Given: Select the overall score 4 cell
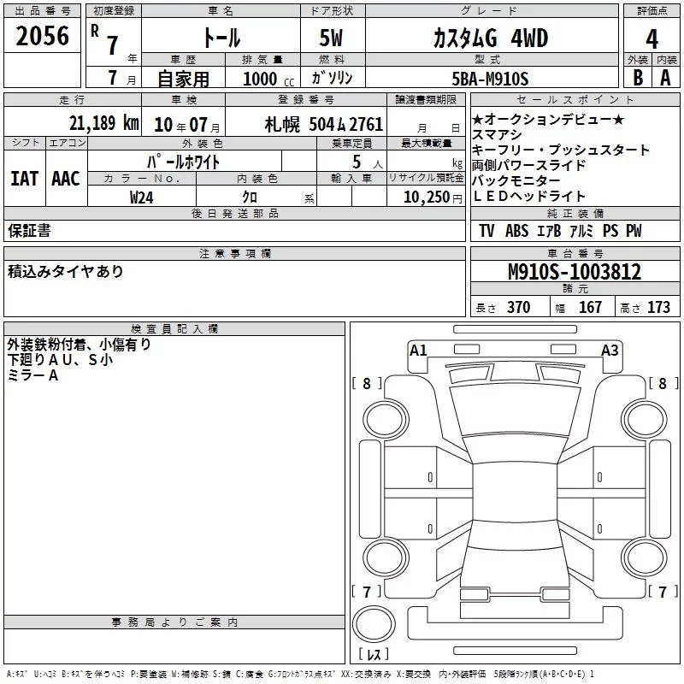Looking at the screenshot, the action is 652,38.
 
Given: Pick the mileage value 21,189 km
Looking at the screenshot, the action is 105,123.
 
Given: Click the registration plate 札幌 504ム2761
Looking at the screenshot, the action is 324,124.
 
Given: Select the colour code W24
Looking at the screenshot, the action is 142,197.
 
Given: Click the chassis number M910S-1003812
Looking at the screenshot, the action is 574,272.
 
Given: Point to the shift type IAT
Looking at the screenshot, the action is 24,179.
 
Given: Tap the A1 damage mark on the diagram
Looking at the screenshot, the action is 418,350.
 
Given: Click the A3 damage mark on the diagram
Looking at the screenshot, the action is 610,350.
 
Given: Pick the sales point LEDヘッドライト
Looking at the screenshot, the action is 529,197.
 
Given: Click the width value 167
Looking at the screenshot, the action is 590,308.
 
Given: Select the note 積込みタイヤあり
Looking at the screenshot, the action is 66,271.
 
